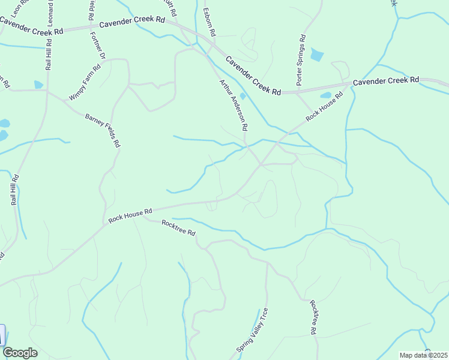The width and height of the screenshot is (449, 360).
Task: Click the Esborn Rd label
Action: (208, 22)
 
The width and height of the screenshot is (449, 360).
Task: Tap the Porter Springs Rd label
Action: (301, 58)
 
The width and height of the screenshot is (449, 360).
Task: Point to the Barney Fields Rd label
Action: (103, 131)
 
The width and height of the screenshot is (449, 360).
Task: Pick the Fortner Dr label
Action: (97, 45)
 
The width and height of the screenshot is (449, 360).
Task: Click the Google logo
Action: (20, 353)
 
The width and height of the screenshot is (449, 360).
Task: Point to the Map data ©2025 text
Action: (424, 355)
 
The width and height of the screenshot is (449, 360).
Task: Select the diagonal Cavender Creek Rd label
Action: (253, 76)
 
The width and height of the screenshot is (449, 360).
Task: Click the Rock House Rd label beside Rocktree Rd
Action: (131, 216)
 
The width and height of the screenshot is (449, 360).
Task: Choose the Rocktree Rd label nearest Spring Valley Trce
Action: (313, 316)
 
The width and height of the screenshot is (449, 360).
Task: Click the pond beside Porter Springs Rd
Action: (316, 56)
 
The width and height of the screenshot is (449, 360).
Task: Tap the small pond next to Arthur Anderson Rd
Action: (243, 96)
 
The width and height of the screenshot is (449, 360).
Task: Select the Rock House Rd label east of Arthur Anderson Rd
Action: (324, 106)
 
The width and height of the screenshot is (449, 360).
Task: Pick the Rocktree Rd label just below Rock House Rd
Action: (179, 227)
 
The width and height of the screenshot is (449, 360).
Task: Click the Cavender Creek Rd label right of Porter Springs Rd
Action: (386, 80)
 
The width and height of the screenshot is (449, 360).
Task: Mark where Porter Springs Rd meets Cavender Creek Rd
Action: (298, 92)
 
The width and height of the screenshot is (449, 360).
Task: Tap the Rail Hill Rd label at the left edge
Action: (14, 190)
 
